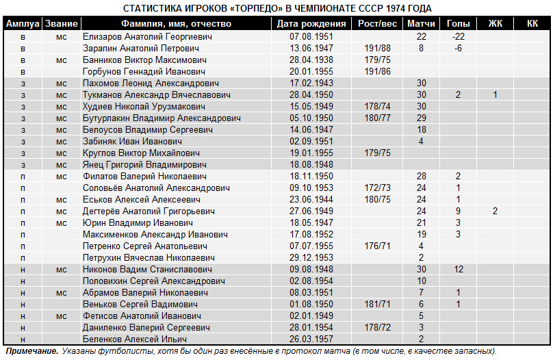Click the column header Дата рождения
[x=311, y=24]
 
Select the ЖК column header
[x=495, y=24]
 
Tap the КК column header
[x=532, y=24]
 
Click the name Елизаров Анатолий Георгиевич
[x=147, y=37]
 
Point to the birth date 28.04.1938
[x=311, y=60]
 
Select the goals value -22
[x=458, y=37]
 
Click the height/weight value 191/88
[x=377, y=49]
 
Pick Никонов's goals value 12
[x=458, y=270]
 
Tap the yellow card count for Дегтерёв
[x=495, y=211]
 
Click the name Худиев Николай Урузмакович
[x=144, y=107]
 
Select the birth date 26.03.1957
[x=311, y=339]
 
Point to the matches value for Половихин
[x=422, y=281]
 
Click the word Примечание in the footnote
[x=31, y=351]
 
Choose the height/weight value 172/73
[x=377, y=188]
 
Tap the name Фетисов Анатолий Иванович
[x=142, y=316]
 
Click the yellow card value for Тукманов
[x=495, y=95]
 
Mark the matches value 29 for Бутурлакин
[x=422, y=118]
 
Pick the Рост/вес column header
[x=377, y=24]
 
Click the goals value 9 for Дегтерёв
[x=458, y=211]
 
